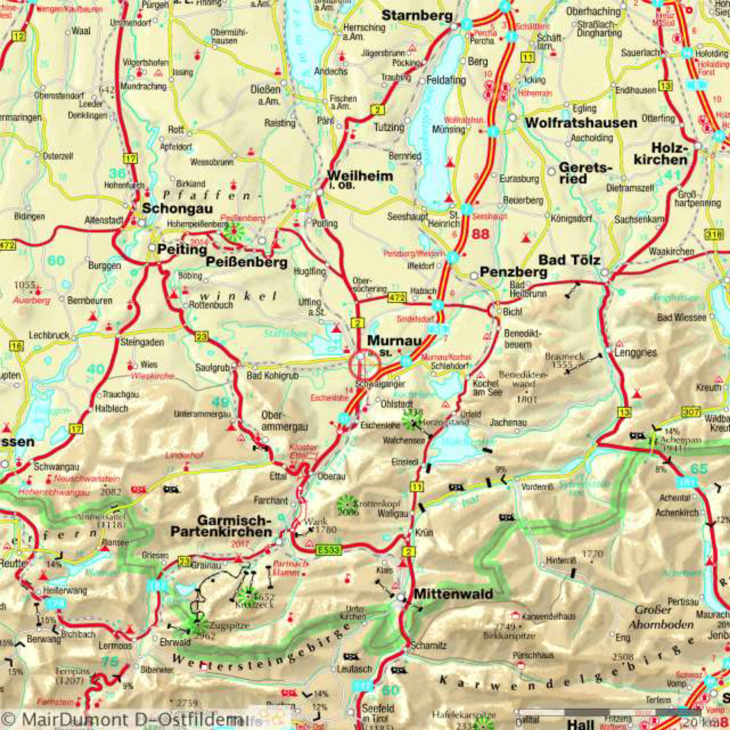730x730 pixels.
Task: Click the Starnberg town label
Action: [x=417, y=16]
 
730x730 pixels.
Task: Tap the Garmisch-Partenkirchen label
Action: [x=221, y=526]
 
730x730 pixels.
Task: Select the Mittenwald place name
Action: [x=453, y=594]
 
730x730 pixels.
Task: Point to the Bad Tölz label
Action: [x=569, y=260]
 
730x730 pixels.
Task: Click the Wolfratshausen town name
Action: [x=581, y=123]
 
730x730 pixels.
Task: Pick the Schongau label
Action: [x=177, y=208]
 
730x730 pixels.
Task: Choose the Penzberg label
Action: [x=513, y=272]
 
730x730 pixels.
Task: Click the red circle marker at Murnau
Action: [x=364, y=365]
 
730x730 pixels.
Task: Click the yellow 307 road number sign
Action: [x=690, y=411]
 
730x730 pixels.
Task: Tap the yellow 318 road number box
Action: [x=713, y=234]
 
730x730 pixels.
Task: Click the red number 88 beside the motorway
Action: [x=480, y=234]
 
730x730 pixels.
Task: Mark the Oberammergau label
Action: [x=284, y=421]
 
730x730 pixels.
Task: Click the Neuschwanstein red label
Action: [x=87, y=478]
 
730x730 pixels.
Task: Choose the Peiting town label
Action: [x=182, y=249]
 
